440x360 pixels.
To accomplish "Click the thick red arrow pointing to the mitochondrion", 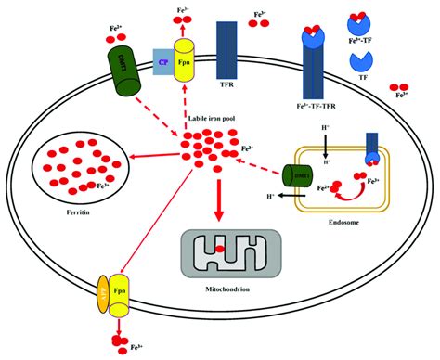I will click(x=219, y=204).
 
